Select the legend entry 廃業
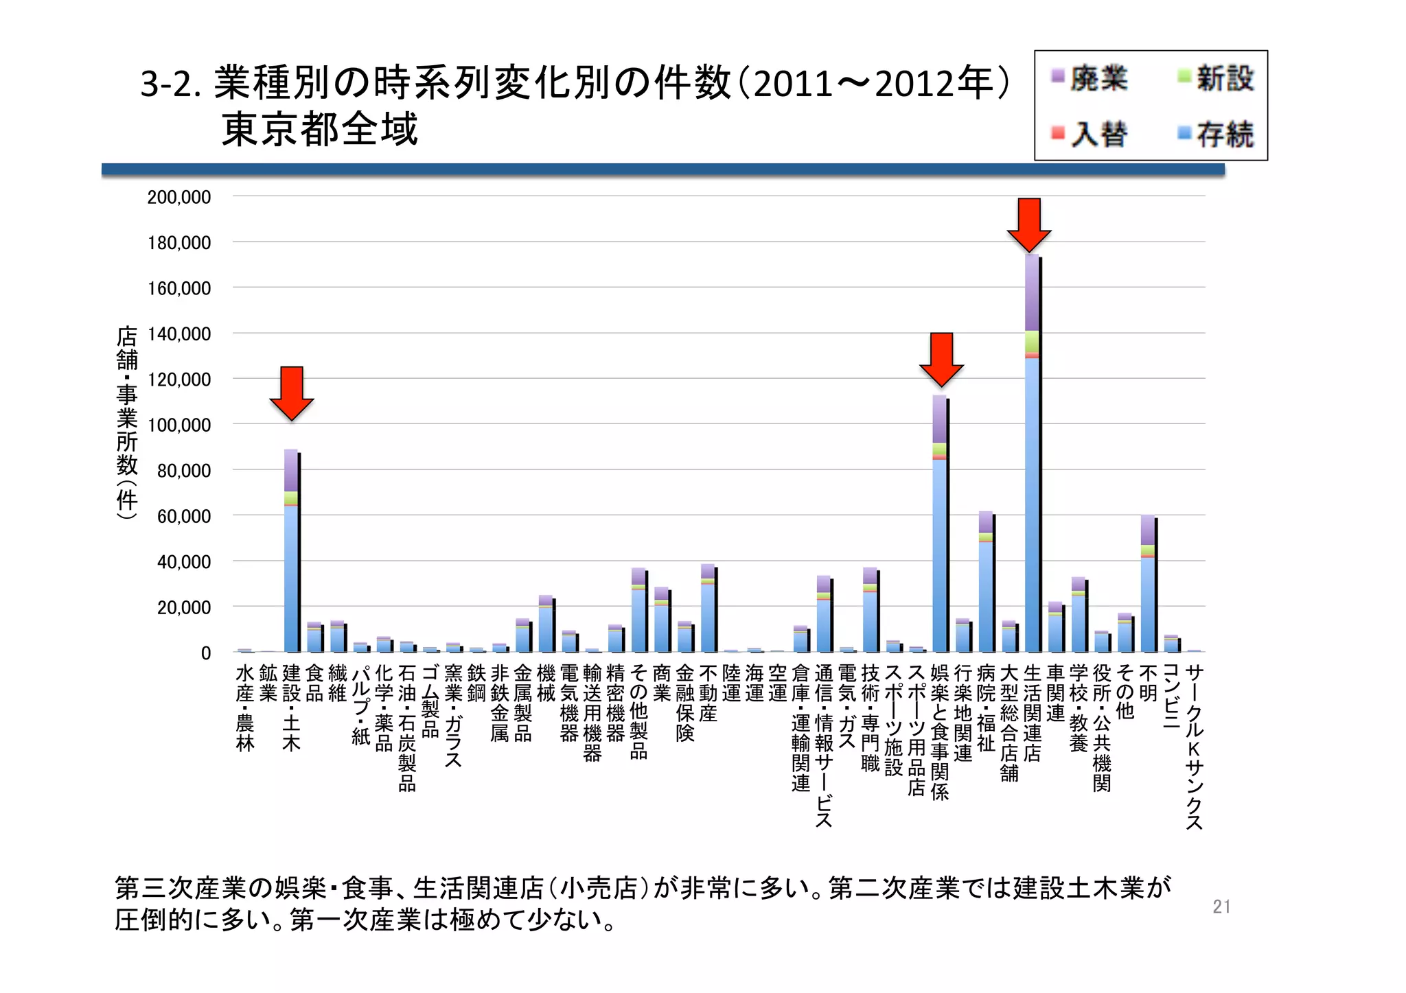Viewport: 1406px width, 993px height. point(1090,78)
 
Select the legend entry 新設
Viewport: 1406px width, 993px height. point(1216,78)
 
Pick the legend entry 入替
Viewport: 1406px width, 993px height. point(1090,134)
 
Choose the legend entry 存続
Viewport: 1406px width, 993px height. point(1216,134)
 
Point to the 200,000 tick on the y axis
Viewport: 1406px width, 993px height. point(179,198)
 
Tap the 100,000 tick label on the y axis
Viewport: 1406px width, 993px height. point(179,425)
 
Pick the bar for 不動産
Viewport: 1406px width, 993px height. point(708,611)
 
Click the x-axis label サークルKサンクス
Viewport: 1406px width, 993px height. point(1194,747)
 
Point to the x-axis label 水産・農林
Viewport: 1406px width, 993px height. point(245,708)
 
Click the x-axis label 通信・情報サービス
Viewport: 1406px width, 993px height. point(824,745)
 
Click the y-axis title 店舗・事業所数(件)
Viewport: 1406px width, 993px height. point(127,421)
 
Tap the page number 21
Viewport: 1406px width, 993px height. point(1221,907)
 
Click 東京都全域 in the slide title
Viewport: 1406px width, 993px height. point(319,129)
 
